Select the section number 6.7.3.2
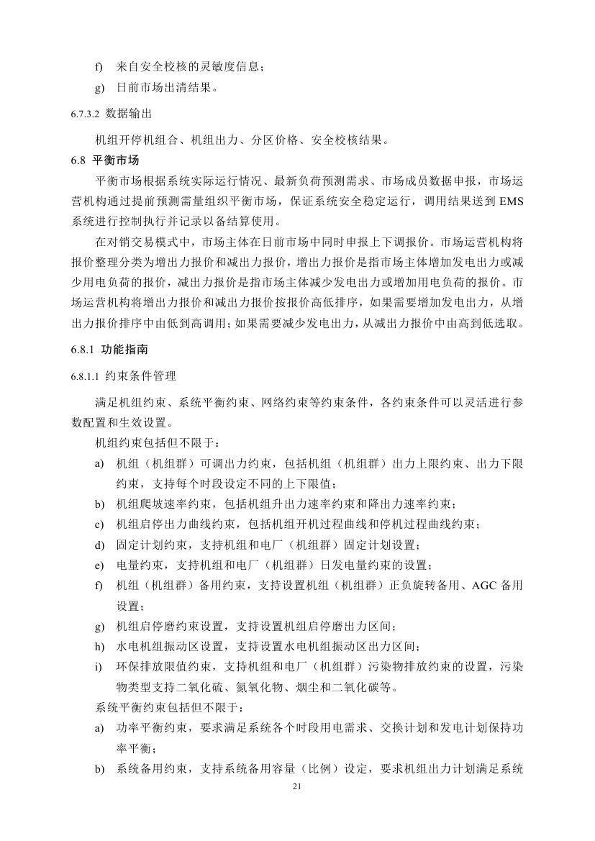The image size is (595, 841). [86, 114]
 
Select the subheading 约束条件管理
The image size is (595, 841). [137, 375]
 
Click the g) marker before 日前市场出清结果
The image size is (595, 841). [99, 88]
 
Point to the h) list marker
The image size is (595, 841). [99, 646]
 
